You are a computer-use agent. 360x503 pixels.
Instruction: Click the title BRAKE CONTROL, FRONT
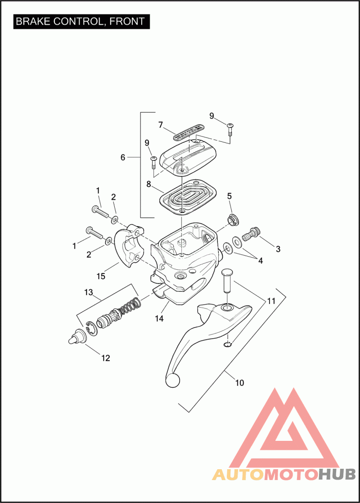[x=81, y=21]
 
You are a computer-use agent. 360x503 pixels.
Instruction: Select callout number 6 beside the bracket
[x=123, y=157]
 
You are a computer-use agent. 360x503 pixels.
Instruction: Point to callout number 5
[x=229, y=196]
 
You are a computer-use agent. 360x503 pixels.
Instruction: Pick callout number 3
[x=278, y=249]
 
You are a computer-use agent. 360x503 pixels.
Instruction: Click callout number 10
[x=239, y=383]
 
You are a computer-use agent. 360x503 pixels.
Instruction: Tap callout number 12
[x=105, y=358]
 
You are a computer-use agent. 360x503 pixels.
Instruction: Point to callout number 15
[x=101, y=276]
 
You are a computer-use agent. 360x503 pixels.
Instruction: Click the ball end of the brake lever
[x=173, y=381]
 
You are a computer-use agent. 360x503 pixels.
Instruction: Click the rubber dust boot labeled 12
[x=77, y=337]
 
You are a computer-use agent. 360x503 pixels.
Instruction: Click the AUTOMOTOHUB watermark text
[x=284, y=474]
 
